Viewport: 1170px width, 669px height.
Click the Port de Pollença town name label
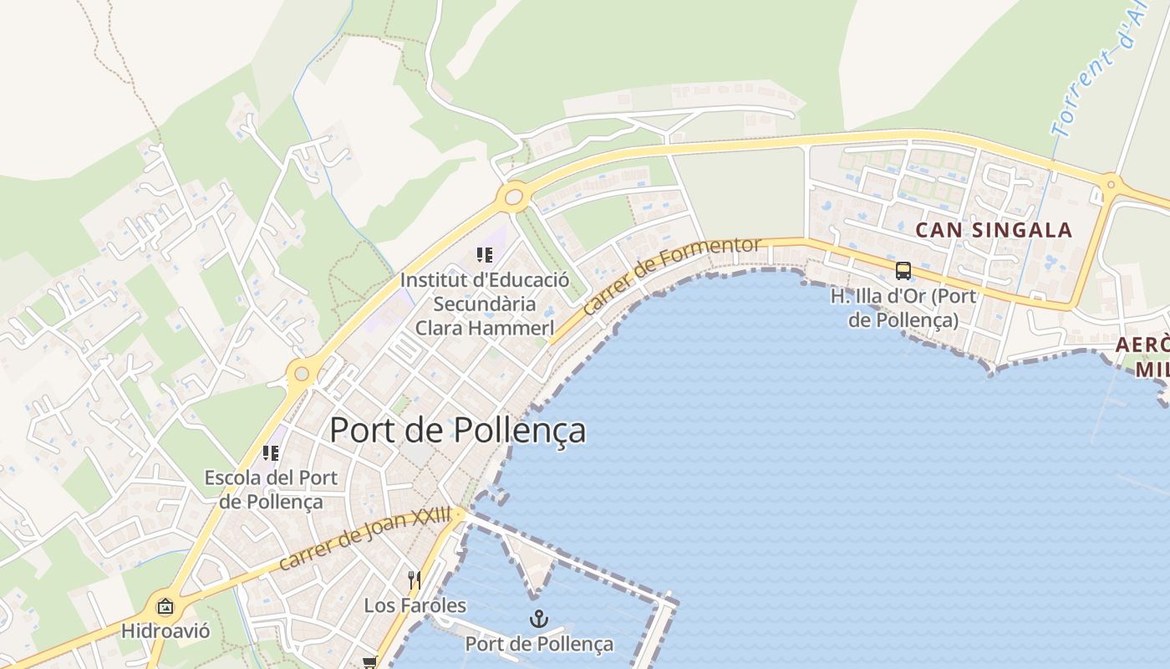(x=457, y=430)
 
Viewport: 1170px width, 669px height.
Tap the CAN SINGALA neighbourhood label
(x=994, y=230)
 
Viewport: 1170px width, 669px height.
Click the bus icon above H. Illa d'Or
(x=903, y=270)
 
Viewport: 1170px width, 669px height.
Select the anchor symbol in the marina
(x=539, y=620)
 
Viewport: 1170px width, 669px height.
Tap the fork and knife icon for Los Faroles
(x=414, y=580)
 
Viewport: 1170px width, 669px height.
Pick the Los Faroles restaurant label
(x=415, y=605)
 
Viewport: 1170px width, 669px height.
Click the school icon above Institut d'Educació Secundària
(x=484, y=254)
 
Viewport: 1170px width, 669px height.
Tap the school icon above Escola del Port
(x=270, y=453)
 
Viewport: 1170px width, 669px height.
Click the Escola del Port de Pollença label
(x=271, y=489)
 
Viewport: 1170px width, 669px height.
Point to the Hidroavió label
(x=165, y=630)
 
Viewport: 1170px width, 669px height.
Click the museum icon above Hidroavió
(x=165, y=606)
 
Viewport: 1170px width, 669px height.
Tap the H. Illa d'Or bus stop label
(x=903, y=307)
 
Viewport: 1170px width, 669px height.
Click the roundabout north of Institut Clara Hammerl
(x=513, y=198)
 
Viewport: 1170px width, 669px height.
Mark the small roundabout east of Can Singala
(x=1111, y=184)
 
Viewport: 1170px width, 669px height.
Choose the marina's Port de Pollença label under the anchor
(x=539, y=644)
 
